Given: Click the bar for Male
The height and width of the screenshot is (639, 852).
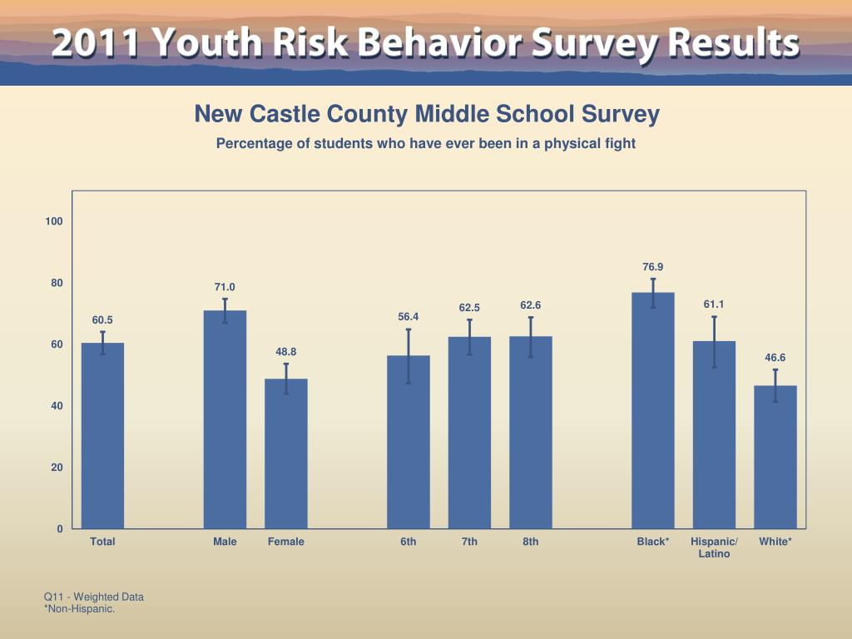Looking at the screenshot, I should pos(225,419).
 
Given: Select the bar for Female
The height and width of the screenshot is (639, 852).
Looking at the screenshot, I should pos(286,453).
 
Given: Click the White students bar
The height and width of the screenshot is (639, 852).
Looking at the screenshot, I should pos(775,457).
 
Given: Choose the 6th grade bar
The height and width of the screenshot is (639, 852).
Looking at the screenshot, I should pos(409,442).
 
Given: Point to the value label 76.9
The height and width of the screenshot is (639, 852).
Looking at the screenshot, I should pos(653,267).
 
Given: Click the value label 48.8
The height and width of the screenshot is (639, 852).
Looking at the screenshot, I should pos(286,352).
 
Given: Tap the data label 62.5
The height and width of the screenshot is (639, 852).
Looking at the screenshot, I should pos(469,309).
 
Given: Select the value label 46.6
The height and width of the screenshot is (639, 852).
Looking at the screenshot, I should pos(775,358).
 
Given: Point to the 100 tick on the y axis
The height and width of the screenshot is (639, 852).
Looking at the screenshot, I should pos(55,221).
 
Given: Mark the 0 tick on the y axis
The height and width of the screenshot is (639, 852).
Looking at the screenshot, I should pos(60,529).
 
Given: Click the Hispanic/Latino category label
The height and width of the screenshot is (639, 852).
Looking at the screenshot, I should pos(714,547).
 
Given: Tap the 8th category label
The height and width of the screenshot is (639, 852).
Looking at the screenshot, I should pos(531,542).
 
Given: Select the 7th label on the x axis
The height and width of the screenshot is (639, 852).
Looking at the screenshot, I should pos(469,542).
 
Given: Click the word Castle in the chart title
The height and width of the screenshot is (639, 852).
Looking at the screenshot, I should pos(287,114).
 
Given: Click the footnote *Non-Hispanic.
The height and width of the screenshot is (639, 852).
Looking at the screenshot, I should pos(79,609).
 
